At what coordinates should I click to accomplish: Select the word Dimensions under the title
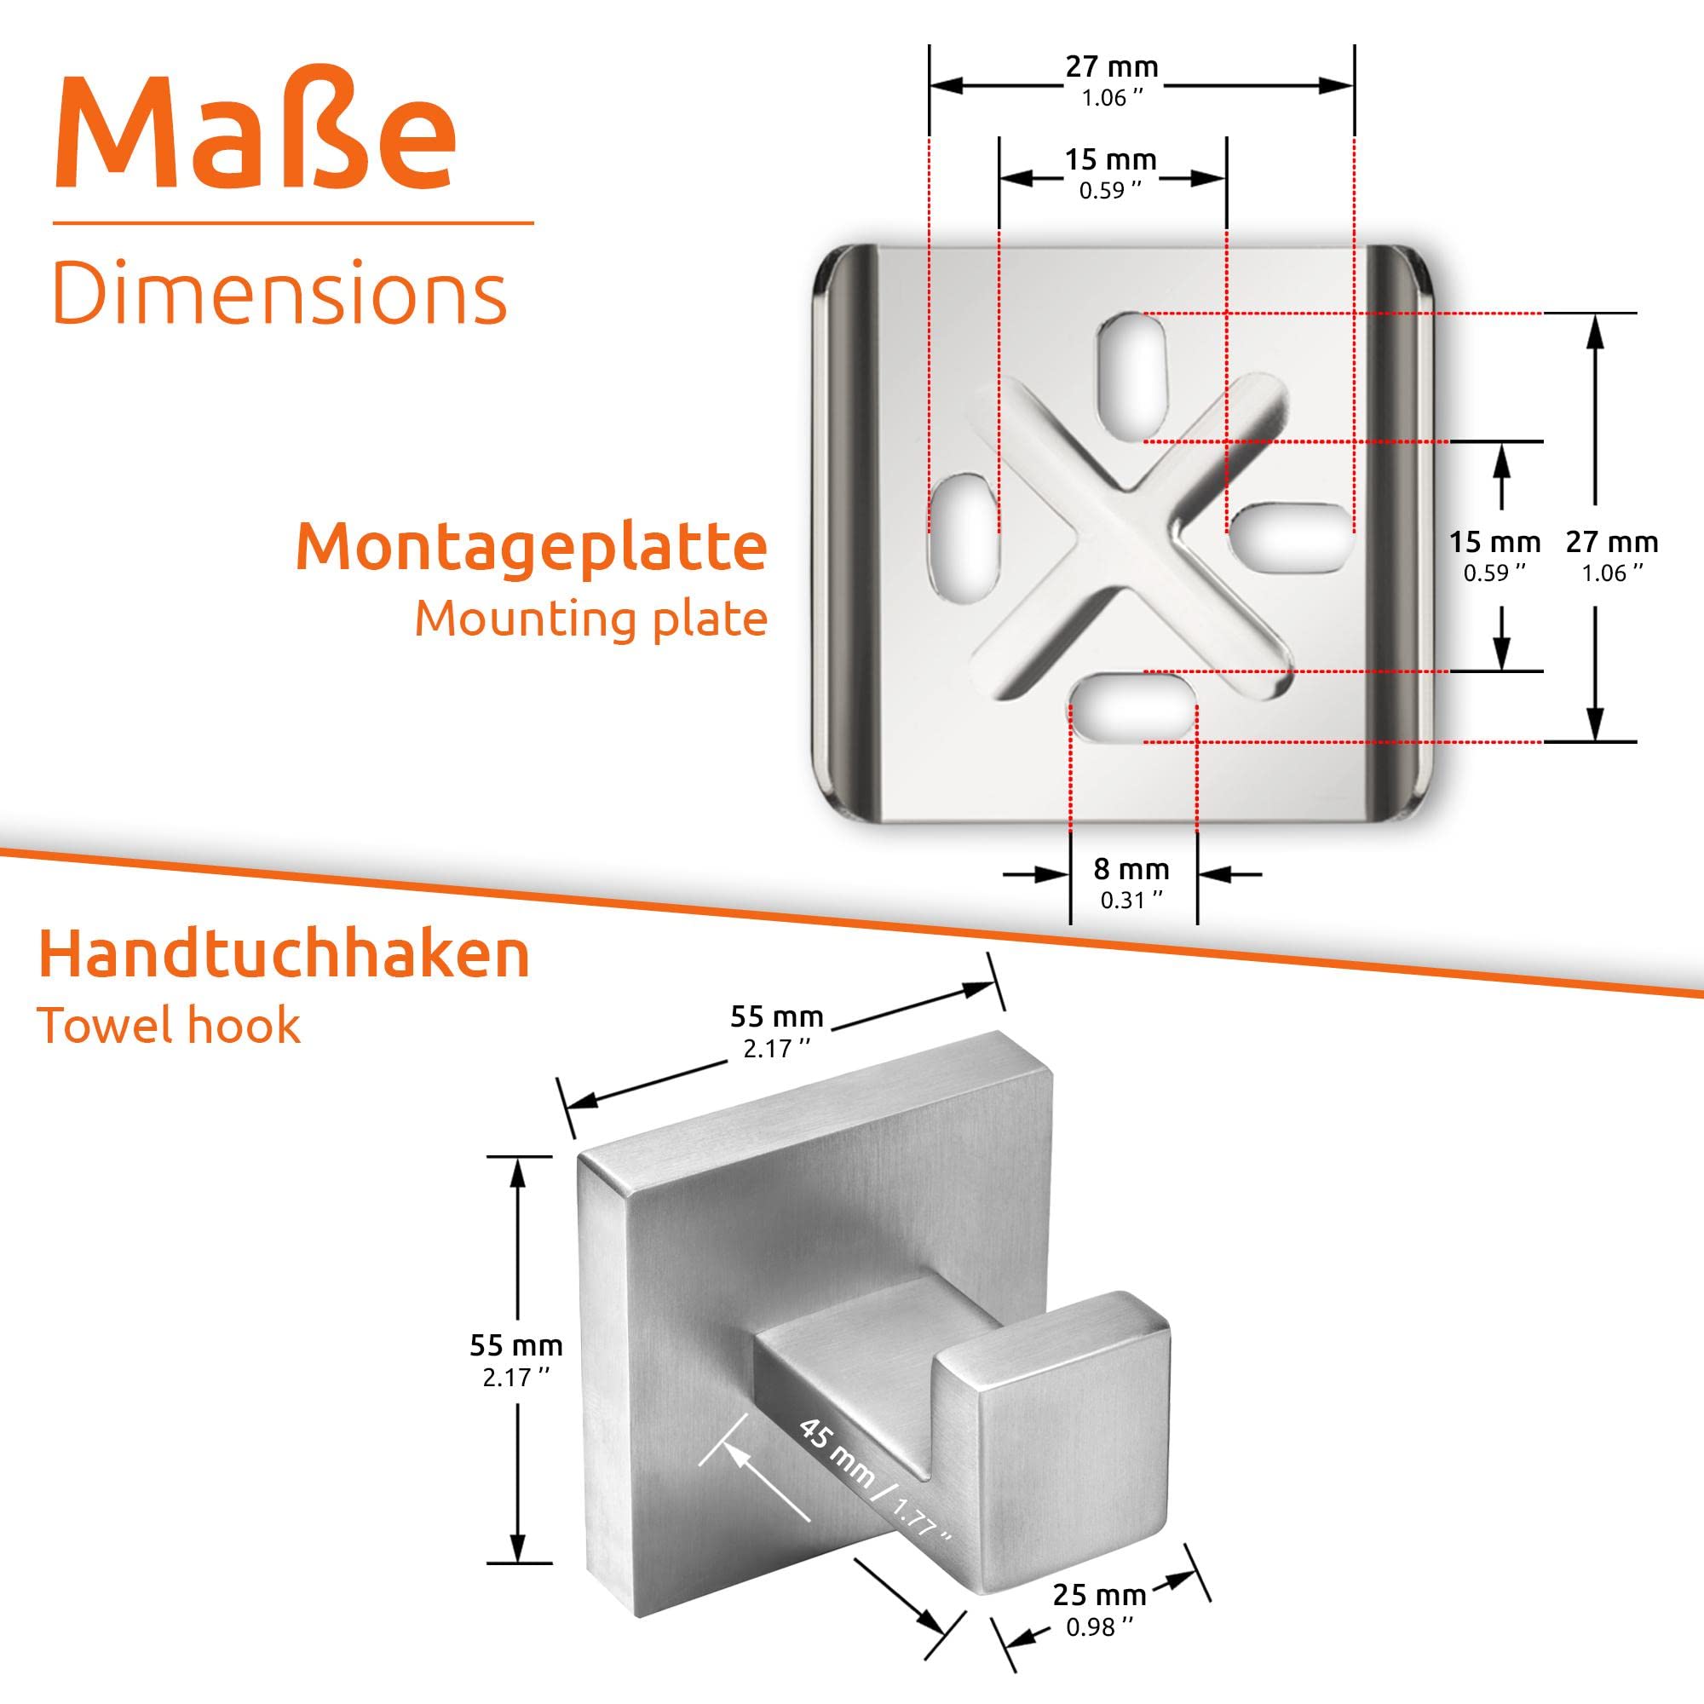280,292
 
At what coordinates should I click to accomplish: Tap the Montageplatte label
531,548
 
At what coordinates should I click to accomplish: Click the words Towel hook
170,1025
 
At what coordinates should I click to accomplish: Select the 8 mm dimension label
1131,881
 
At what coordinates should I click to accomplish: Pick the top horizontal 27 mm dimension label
1111,79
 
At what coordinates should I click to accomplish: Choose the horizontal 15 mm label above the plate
1110,172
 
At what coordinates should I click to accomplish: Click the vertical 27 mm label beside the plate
1612,556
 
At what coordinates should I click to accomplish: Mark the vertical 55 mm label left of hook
516,1360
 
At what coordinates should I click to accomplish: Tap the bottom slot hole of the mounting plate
1133,706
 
